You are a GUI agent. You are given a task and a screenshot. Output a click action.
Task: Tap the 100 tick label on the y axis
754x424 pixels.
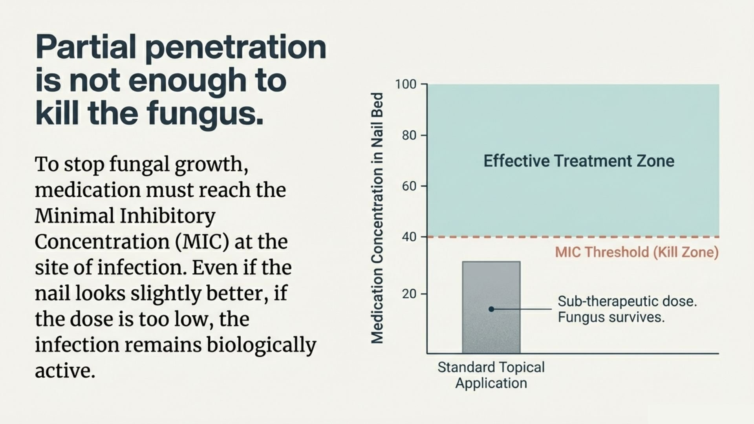coord(406,84)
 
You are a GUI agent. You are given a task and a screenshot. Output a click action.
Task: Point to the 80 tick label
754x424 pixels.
coord(409,135)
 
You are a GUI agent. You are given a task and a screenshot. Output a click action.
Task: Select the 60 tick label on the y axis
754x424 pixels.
coord(409,186)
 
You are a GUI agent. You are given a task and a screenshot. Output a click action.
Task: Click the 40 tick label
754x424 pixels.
coord(409,237)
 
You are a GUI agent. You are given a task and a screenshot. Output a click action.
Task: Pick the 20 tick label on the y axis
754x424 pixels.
coord(409,294)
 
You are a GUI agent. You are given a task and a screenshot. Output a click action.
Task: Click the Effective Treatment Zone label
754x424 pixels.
coord(578,161)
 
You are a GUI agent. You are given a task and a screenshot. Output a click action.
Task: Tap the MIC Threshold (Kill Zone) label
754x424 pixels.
coord(637,252)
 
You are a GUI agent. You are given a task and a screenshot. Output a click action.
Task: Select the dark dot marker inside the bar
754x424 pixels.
coord(491,309)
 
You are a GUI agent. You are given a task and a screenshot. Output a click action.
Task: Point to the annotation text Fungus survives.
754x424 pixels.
coord(611,317)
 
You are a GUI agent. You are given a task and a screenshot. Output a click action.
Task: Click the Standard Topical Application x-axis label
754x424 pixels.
coord(491,375)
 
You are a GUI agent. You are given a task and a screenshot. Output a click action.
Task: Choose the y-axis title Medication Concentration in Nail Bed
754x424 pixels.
coord(377,218)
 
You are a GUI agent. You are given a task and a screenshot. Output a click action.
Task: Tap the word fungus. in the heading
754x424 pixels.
coord(205,113)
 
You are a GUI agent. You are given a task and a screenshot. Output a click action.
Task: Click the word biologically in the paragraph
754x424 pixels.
coord(261,345)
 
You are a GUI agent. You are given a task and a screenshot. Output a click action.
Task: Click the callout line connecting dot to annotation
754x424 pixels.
coord(522,309)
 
